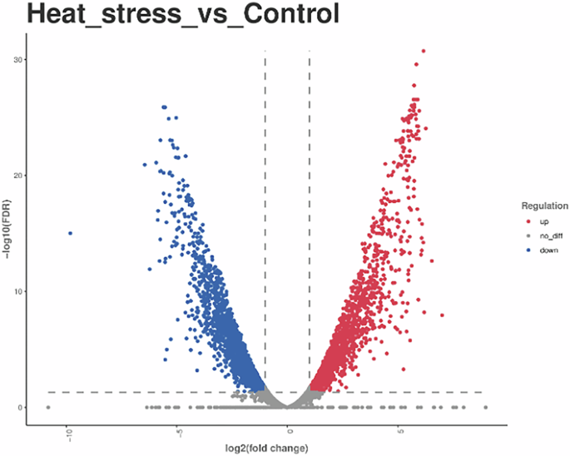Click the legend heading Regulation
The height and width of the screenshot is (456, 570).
(545, 205)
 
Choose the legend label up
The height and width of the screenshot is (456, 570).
(543, 221)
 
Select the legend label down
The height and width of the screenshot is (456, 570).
(548, 249)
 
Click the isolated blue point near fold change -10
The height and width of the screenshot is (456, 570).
(70, 234)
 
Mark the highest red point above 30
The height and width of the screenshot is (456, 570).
(423, 51)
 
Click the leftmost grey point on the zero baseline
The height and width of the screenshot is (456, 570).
(47, 407)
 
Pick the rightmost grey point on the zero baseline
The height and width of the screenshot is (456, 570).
(485, 407)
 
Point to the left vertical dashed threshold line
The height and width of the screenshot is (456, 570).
(265, 208)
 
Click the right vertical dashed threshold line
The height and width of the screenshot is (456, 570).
(310, 208)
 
